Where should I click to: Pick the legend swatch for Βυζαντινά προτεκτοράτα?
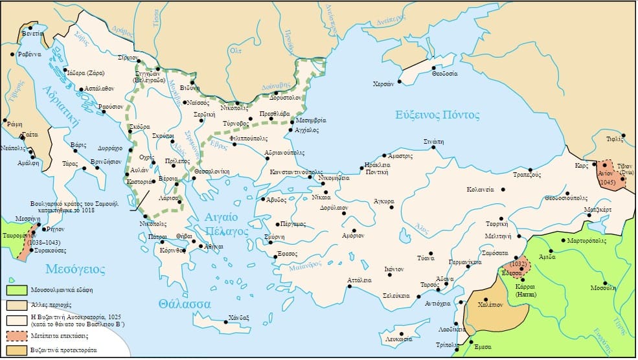(17, 350)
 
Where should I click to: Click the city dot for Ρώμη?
(5, 120)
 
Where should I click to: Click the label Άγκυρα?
(385, 201)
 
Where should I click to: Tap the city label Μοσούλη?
(605, 287)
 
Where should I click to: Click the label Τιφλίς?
(613, 139)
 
